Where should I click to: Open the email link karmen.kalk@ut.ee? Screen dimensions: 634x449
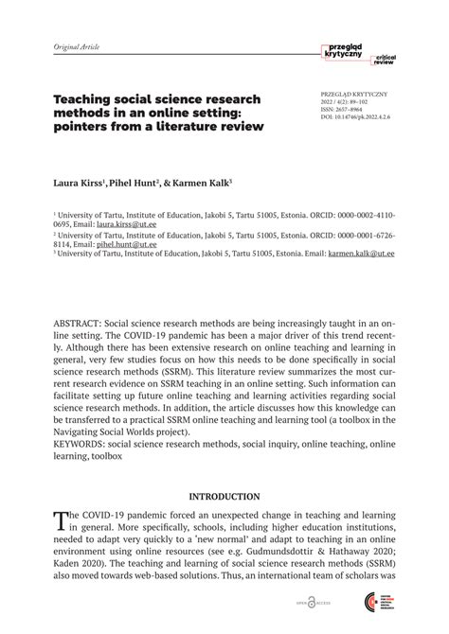coord(362,254)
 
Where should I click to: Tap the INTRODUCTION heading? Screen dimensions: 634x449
coord(224,496)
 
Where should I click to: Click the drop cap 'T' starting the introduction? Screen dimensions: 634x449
coord(62,518)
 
